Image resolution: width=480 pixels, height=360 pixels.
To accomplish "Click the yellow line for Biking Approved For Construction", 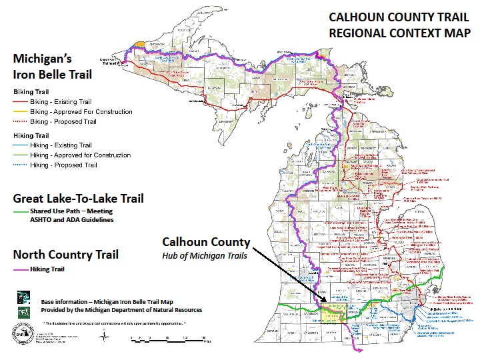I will (x=22, y=112).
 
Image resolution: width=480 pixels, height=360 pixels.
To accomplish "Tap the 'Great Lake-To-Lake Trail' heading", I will (x=79, y=199).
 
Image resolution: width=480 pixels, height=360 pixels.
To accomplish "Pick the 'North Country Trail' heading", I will (x=66, y=255).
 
